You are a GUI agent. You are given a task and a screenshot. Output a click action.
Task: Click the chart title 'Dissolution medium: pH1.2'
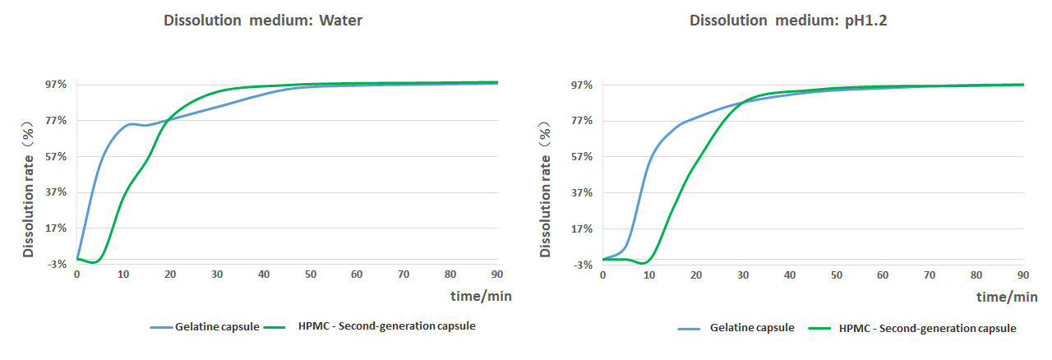pyautogui.click(x=788, y=21)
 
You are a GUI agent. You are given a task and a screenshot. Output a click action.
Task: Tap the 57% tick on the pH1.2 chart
pyautogui.click(x=582, y=157)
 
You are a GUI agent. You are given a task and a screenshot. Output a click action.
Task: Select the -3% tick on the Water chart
pyautogui.click(x=57, y=264)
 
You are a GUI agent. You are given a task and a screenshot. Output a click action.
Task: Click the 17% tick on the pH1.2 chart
pyautogui.click(x=582, y=228)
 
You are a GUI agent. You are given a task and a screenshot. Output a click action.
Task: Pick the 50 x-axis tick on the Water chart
pyautogui.click(x=311, y=274)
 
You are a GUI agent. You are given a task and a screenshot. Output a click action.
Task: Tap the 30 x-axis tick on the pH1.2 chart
pyautogui.click(x=743, y=274)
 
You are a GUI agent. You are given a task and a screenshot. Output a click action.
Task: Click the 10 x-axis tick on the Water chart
pyautogui.click(x=123, y=274)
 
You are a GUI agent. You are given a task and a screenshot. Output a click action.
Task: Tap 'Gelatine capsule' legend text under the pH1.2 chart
pyautogui.click(x=752, y=328)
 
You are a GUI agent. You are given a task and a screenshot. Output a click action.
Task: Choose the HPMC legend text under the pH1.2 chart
pyautogui.click(x=927, y=328)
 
